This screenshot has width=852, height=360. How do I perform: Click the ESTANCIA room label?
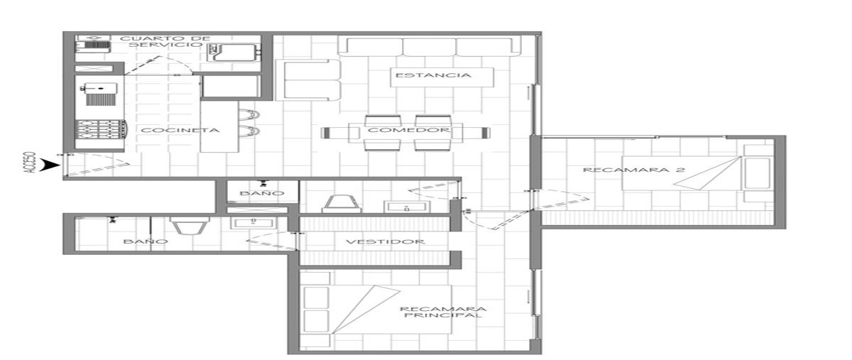pyautogui.click(x=433, y=75)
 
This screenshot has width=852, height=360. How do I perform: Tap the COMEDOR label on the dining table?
pyautogui.click(x=409, y=130)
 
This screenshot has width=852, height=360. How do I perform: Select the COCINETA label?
pyautogui.click(x=180, y=130)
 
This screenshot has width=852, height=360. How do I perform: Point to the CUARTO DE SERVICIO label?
pyautogui.click(x=165, y=41)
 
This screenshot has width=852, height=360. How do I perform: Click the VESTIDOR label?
pyautogui.click(x=386, y=241)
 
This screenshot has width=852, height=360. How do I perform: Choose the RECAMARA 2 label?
pyautogui.click(x=634, y=170)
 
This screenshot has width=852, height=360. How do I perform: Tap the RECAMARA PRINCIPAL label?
pyautogui.click(x=443, y=312)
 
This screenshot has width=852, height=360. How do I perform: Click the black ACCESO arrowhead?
pyautogui.click(x=52, y=165)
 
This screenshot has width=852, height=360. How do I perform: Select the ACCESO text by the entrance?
pyautogui.click(x=30, y=163)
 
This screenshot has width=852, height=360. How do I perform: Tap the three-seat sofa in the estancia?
pyautogui.click(x=429, y=47)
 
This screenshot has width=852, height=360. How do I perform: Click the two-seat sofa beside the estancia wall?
pyautogui.click(x=308, y=80)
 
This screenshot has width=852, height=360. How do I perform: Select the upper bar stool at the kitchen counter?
pyautogui.click(x=249, y=114)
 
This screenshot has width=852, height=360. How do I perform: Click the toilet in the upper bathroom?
pyautogui.click(x=342, y=204)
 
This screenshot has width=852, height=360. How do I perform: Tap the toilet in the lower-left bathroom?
pyautogui.click(x=190, y=225)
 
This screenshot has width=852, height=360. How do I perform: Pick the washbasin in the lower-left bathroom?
pyautogui.click(x=253, y=223)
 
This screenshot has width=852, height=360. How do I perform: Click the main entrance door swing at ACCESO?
pyautogui.click(x=97, y=165)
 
